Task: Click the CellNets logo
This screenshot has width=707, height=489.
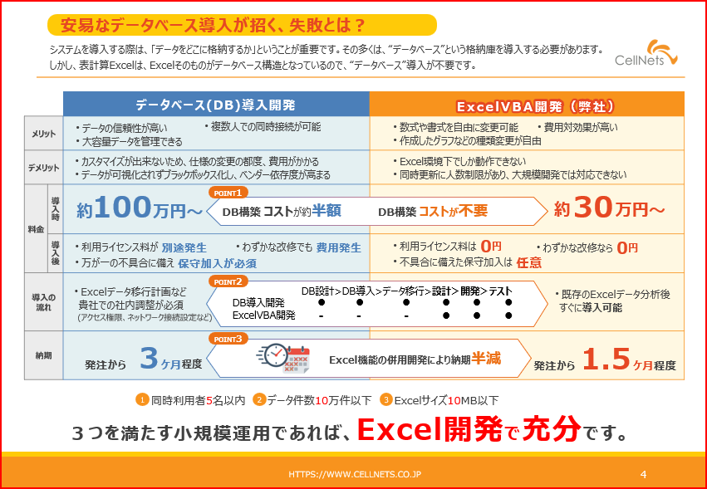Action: coord(646,53)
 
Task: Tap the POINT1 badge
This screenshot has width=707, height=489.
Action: coord(228,193)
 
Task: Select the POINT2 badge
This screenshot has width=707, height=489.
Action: coord(228,281)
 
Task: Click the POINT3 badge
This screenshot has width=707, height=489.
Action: coord(228,340)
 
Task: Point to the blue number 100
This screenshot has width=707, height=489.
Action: coord(122,208)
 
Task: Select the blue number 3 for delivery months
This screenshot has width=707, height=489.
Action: coord(149,359)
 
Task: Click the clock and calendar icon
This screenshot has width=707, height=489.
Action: coord(284,359)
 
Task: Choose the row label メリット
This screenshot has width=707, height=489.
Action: coord(43,134)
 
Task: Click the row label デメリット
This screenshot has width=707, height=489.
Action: coord(43,168)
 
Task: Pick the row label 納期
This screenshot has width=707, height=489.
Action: coord(43,355)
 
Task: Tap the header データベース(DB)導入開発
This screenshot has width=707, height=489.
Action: coord(215,105)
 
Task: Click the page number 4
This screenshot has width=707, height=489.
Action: coord(643,474)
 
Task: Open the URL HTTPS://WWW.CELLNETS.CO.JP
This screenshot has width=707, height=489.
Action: coord(355,474)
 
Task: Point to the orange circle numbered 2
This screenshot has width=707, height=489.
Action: coord(259,399)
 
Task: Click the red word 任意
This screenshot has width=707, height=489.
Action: coord(529,262)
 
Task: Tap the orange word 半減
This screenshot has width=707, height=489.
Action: coord(486,359)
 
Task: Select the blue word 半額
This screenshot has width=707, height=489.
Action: coord(326,211)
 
